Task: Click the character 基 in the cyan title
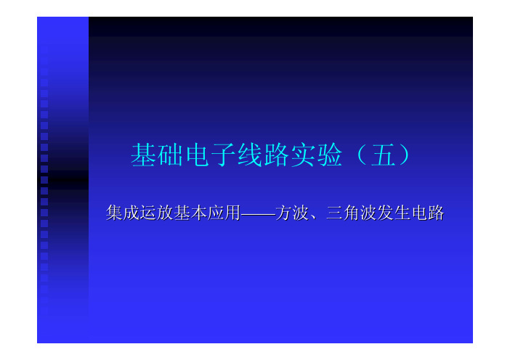coord(143,155)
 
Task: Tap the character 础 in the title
coord(170,155)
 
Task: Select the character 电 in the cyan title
coord(197,155)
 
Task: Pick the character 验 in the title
coord(330,155)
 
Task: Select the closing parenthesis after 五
coord(405,155)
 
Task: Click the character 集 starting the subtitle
coord(114,213)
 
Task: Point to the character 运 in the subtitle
coord(148,213)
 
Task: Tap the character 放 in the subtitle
coord(165,213)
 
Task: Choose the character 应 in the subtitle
coord(216,213)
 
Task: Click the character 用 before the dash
coord(232,213)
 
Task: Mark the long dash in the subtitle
coord(258,214)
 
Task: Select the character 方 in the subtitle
coord(283,213)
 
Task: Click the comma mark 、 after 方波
coord(313,217)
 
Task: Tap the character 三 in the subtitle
coord(334,213)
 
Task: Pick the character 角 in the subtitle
coord(352,213)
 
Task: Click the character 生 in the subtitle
coord(402,213)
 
